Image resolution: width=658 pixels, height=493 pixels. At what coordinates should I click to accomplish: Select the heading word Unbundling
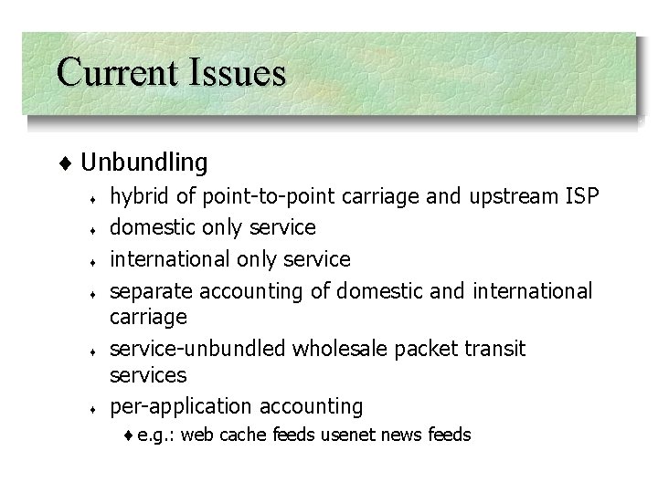pyautogui.click(x=144, y=163)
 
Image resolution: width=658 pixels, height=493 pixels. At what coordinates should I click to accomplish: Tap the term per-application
pyautogui.click(x=181, y=406)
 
